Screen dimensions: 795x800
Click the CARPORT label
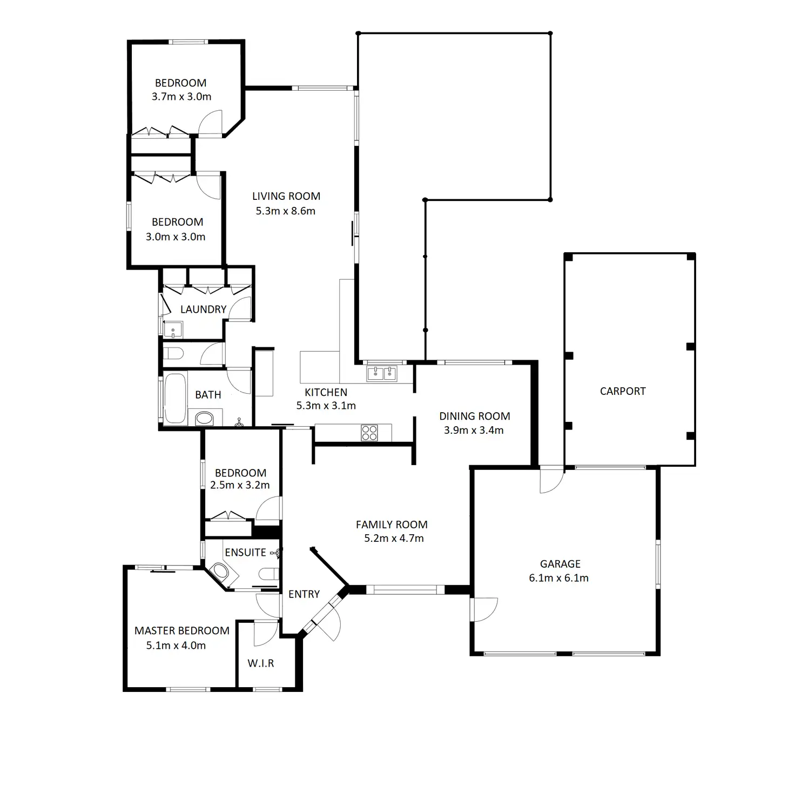pos(623,391)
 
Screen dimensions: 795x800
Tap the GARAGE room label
pos(560,564)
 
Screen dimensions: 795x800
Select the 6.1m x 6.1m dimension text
pos(559,578)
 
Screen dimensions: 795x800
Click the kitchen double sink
pos(382,373)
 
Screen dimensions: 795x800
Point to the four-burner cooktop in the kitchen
pos(369,432)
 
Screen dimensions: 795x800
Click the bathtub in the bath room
pos(174,398)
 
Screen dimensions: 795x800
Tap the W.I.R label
pos(261,663)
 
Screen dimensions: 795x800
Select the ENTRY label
pos(304,594)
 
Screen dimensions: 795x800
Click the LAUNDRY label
pos(203,310)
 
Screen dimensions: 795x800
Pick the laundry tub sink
pos(173,329)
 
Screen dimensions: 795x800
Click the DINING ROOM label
pos(475,416)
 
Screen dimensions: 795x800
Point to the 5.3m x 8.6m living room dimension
pos(286,211)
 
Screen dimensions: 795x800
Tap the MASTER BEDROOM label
pos(182,630)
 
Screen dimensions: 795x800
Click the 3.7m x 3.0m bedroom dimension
pos(181,97)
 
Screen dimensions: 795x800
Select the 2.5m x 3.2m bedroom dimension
pos(240,485)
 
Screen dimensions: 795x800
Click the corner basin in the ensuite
pos(219,573)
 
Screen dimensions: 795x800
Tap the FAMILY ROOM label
pos(392,525)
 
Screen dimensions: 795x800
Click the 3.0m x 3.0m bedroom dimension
pos(176,237)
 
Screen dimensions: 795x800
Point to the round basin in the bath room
pos(204,418)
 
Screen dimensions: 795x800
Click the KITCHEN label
pos(326,393)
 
